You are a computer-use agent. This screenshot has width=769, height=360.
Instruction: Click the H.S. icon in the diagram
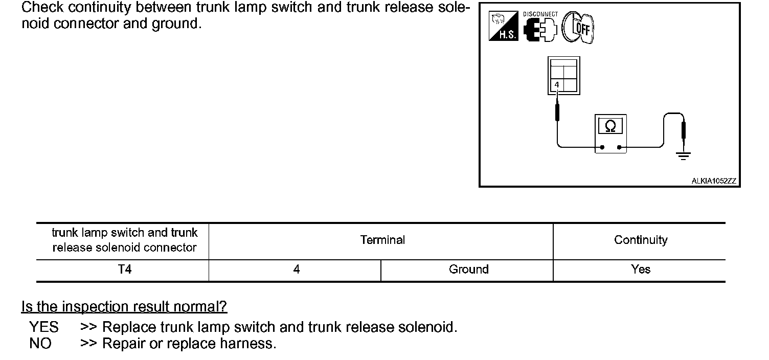coord(504,27)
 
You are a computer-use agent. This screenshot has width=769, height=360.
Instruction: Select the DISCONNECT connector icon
coord(540,29)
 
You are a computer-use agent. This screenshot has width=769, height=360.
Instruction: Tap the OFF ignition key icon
coord(578,28)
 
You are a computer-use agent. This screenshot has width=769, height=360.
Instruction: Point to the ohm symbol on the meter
coord(610,126)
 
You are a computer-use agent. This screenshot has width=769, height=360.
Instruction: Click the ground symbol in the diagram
coord(683,155)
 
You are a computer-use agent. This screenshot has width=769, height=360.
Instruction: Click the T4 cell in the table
coord(124,269)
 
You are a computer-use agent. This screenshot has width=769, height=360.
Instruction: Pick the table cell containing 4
coord(296,269)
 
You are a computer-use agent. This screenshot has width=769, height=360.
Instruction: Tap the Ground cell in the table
coord(468,269)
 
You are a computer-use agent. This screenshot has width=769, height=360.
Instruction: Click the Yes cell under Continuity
coord(640,269)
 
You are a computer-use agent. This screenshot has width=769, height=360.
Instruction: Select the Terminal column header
coord(382,240)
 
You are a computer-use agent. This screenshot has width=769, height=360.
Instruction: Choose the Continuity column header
coord(640,240)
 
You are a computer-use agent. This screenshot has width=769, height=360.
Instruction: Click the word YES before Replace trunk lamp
coord(44,327)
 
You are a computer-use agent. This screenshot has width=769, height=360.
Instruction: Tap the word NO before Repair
coord(40,344)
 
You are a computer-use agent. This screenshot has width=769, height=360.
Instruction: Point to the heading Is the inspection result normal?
coord(124,307)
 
